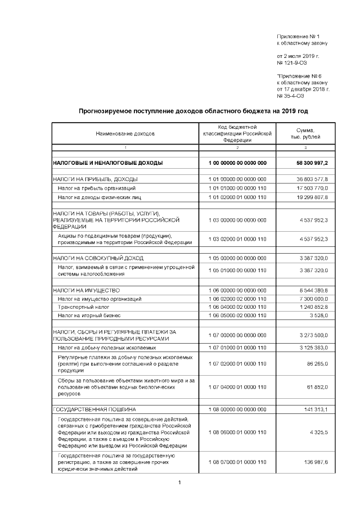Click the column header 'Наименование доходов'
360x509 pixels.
click(x=125, y=134)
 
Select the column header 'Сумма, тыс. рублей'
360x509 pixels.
click(x=305, y=134)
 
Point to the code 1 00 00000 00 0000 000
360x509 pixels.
click(x=237, y=163)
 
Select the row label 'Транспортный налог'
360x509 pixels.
click(x=82, y=308)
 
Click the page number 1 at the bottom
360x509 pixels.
click(x=179, y=483)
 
